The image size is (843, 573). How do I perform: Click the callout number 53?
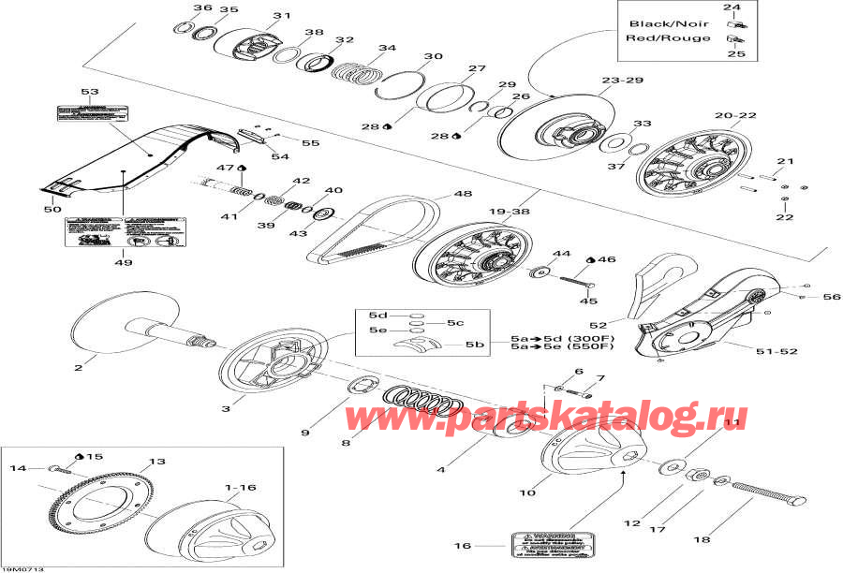click(90, 92)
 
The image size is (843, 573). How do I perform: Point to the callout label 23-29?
click(623, 81)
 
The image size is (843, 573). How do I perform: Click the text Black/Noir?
click(656, 23)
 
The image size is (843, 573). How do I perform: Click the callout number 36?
click(202, 8)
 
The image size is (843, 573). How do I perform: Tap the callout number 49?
click(123, 262)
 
